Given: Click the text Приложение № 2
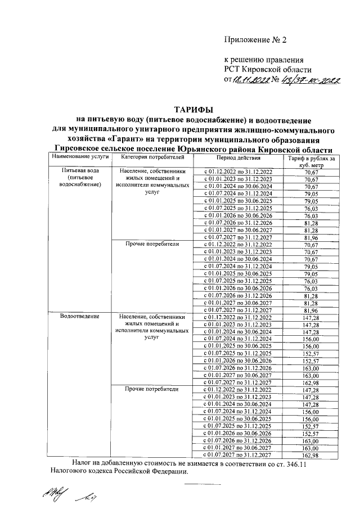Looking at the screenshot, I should tap(255, 40).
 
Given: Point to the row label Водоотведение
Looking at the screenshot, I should tap(80, 316).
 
